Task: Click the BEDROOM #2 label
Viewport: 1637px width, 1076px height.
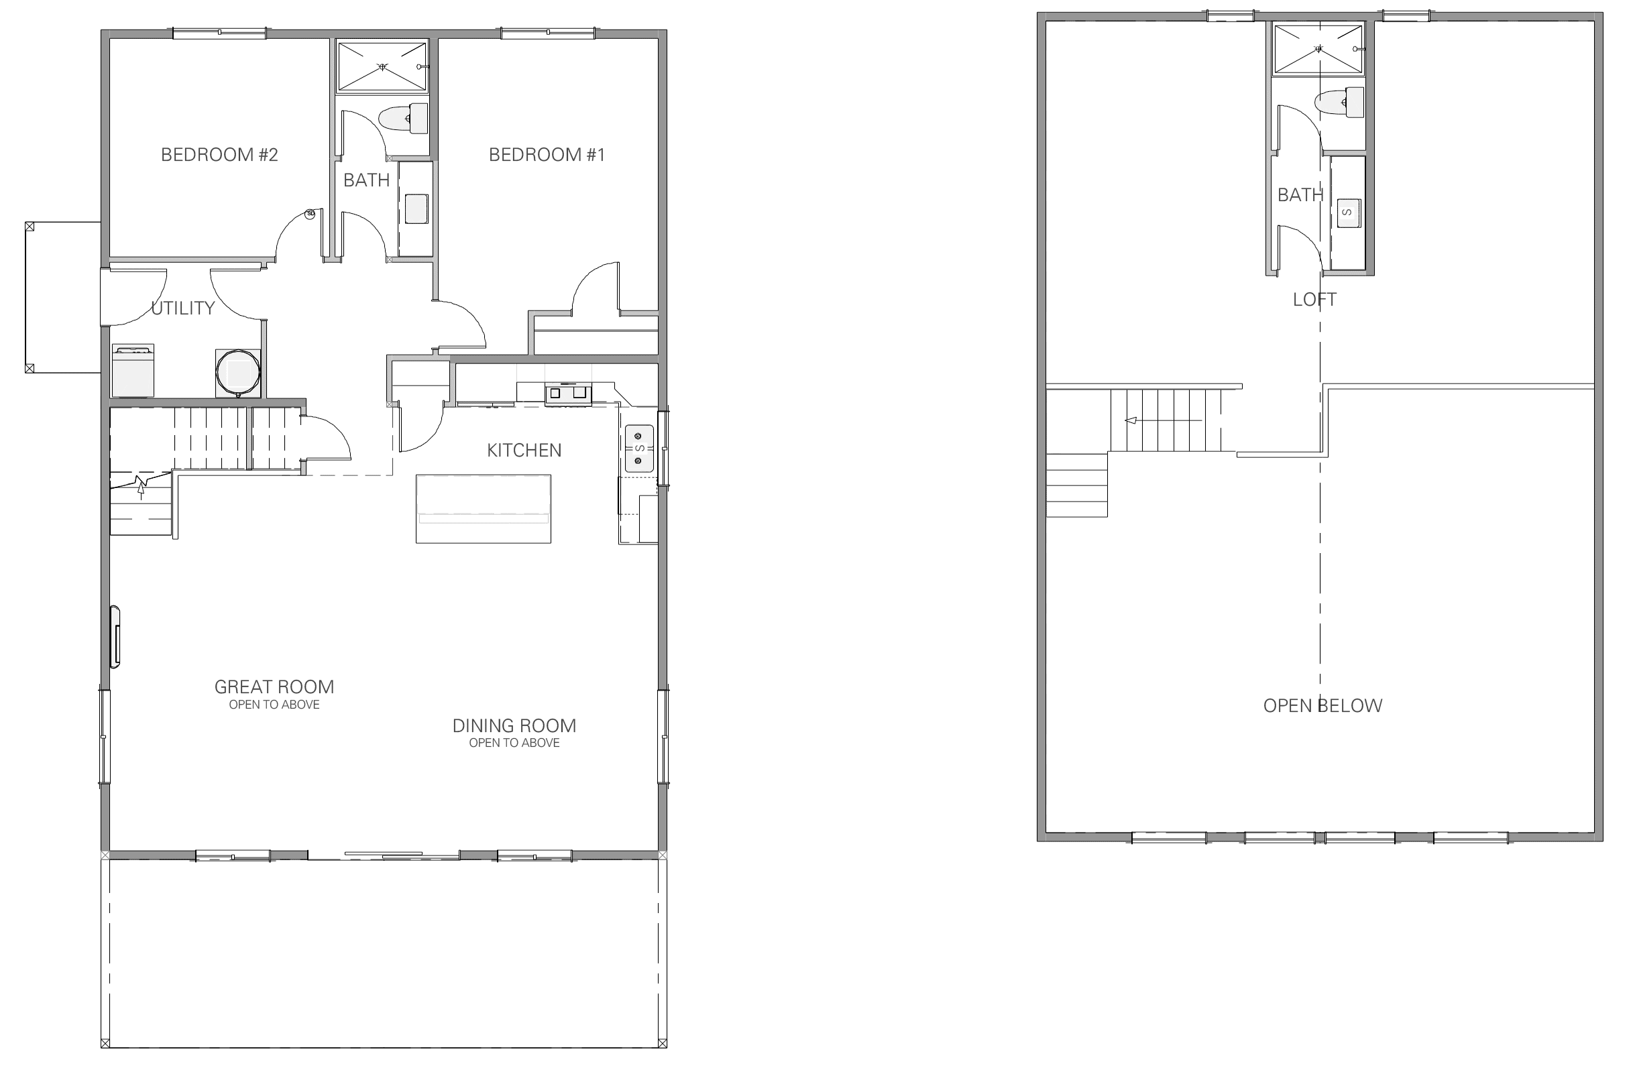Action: tap(219, 155)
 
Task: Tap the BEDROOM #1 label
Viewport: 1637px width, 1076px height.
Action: tap(547, 155)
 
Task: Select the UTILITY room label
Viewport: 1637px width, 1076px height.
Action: tap(183, 308)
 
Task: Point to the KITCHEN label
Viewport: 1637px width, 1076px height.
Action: tap(524, 451)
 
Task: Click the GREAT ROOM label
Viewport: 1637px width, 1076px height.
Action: tap(274, 687)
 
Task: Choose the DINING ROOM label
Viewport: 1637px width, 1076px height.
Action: tap(514, 725)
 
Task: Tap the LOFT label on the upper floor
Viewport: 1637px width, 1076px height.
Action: tap(1314, 300)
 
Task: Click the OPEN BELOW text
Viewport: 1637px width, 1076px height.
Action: tap(1322, 705)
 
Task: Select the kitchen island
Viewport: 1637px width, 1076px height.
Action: tap(484, 509)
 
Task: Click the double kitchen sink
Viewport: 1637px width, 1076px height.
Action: tap(639, 449)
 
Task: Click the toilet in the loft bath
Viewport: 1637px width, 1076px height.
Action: tap(1339, 103)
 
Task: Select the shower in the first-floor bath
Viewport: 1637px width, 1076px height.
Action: tap(382, 66)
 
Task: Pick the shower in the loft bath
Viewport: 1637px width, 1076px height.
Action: tap(1318, 48)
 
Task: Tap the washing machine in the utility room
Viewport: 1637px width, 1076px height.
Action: tap(133, 371)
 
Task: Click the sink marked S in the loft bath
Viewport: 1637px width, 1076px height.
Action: tap(1347, 213)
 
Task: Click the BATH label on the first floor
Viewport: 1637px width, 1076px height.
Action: tap(367, 180)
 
